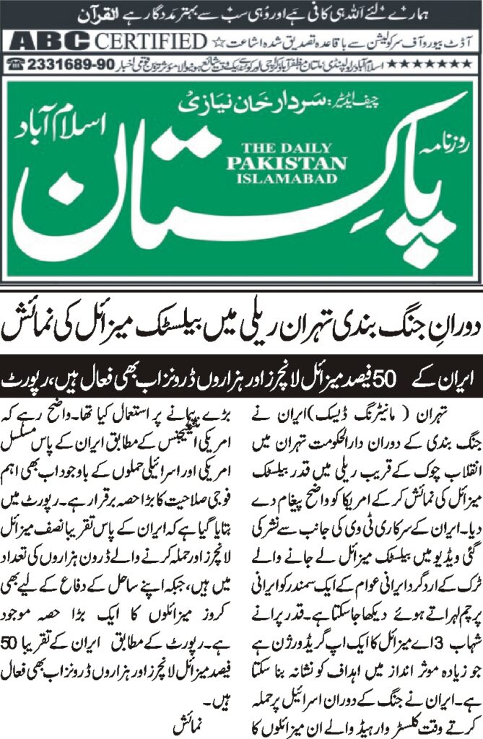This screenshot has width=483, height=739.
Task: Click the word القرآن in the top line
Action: pos(48,12)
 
